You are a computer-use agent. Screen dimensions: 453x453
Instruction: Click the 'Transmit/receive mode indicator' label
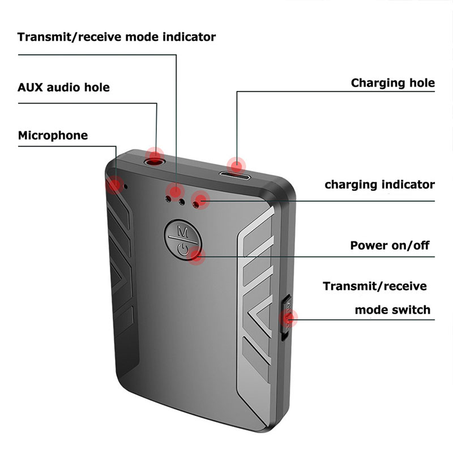[x=117, y=37]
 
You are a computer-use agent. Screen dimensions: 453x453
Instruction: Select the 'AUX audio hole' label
[x=63, y=88]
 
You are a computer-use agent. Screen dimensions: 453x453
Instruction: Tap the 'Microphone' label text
[x=53, y=136]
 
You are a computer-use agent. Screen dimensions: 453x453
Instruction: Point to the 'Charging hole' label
[x=392, y=83]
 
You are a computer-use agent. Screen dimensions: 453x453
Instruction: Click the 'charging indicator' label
[x=379, y=185]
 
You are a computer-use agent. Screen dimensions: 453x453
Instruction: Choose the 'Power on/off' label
[x=390, y=246]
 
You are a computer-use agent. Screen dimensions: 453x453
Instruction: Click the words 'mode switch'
[x=392, y=310]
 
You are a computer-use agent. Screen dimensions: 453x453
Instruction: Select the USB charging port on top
[x=236, y=174]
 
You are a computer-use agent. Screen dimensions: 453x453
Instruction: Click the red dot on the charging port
[x=237, y=165]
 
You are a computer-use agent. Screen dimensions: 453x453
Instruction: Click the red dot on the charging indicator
[x=200, y=199]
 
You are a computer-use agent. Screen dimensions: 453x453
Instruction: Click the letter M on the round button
[x=182, y=231]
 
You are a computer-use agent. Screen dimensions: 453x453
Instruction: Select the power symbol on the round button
[x=182, y=248]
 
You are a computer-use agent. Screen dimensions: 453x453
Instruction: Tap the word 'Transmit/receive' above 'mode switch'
[x=375, y=286]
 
